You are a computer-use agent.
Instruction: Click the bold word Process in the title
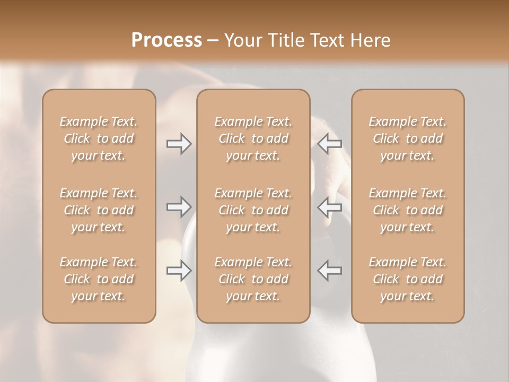tap(166, 40)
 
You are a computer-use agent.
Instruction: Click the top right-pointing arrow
tap(179, 144)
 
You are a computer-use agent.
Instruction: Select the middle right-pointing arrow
tap(179, 207)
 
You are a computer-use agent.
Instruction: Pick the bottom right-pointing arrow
tap(179, 271)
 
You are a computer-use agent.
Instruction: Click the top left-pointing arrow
tap(330, 144)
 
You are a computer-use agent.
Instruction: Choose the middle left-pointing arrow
tap(330, 207)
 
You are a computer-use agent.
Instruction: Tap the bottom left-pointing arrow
tap(330, 271)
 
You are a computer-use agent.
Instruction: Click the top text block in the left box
tap(99, 138)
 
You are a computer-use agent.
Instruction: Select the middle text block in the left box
tap(99, 210)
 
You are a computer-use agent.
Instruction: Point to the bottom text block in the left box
tap(99, 279)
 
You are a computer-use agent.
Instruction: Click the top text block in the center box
tap(253, 138)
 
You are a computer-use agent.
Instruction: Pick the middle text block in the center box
tap(253, 210)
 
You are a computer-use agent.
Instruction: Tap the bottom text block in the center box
tap(253, 279)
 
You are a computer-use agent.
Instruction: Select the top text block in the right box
tap(408, 138)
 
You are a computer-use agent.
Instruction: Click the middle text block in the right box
tap(408, 210)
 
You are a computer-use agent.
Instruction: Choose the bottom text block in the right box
tap(408, 279)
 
